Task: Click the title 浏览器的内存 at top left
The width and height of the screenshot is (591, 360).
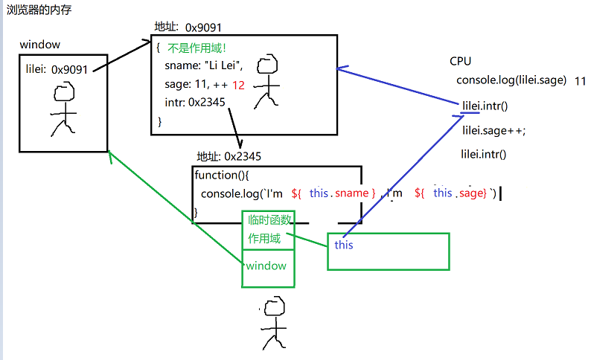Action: click(39, 13)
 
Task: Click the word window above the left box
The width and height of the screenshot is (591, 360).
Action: click(40, 45)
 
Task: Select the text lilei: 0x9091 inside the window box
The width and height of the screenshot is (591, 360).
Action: click(57, 70)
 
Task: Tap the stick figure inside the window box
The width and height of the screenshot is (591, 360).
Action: click(64, 108)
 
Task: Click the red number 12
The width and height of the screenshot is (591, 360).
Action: click(238, 85)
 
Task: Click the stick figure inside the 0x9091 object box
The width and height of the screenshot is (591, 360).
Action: click(268, 82)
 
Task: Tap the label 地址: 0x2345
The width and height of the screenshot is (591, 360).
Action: click(229, 156)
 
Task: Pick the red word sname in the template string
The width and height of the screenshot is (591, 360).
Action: click(352, 193)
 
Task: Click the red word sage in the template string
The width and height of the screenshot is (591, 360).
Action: click(471, 193)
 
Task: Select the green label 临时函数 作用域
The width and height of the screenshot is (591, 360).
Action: click(268, 229)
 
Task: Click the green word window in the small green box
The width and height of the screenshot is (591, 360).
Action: click(266, 266)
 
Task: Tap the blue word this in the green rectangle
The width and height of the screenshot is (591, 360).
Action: click(344, 245)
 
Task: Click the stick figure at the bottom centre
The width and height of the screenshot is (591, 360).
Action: click(273, 322)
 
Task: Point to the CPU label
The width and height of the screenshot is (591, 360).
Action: click(461, 61)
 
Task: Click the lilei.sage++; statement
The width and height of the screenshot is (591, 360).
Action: click(493, 130)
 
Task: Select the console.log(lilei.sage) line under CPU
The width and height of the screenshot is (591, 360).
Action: click(511, 80)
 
